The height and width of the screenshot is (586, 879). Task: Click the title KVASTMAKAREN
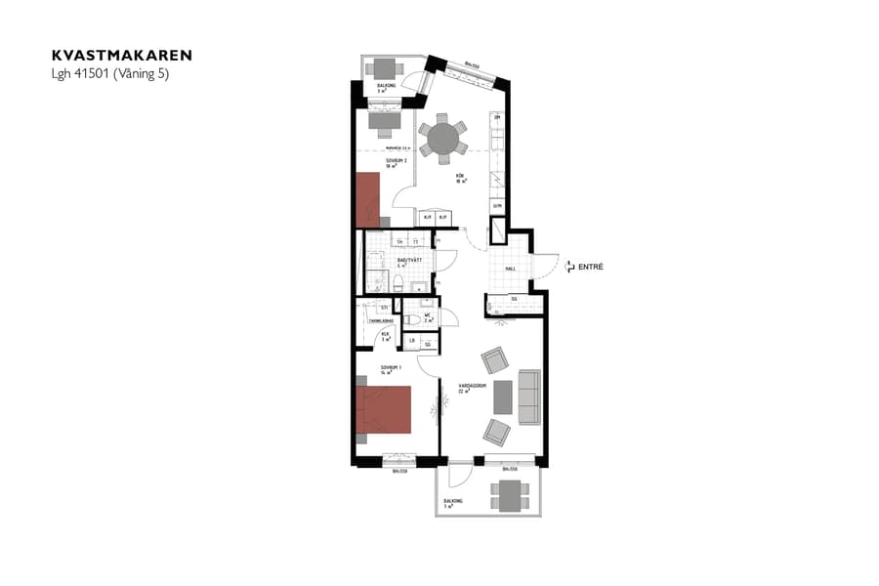coord(122,56)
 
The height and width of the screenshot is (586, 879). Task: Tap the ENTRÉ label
coord(591,267)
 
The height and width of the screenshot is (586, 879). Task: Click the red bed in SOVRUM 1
coord(383,409)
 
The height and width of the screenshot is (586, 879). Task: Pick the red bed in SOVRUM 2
coord(367,199)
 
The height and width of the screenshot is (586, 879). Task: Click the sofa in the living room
coord(529,397)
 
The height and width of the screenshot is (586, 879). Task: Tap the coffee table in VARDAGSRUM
coord(503,397)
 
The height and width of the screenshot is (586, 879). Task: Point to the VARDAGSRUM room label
coord(459,387)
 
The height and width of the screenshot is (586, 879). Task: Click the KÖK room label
coord(459,178)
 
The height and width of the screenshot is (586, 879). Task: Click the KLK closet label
coord(386,335)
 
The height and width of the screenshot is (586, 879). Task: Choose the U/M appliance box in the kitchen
coord(496,206)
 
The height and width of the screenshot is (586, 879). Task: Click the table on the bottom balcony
coord(509,498)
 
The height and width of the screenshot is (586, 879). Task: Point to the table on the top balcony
coord(386,68)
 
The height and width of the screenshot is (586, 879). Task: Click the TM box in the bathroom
coord(399,241)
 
